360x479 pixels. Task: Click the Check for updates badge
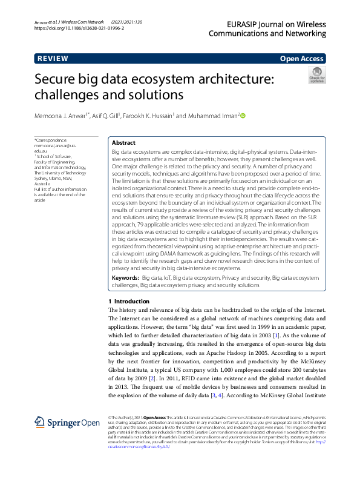tap(316, 75)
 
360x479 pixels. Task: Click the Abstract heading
tap(124, 143)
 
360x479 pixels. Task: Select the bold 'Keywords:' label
tap(126, 277)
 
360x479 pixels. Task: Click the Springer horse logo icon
tap(40, 422)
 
